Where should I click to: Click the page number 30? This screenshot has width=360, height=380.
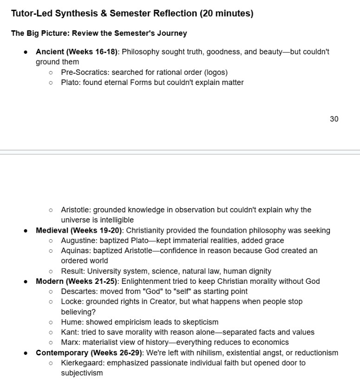click(334, 119)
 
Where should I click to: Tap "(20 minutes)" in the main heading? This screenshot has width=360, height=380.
click(226, 13)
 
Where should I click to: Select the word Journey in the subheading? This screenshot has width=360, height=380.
click(171, 33)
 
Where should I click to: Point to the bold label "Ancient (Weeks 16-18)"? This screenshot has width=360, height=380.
click(77, 52)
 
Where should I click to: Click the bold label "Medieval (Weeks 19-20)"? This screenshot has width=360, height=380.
click(79, 230)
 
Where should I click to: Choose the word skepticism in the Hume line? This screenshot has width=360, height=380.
click(200, 322)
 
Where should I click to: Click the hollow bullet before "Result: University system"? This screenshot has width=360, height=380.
click(51, 271)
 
